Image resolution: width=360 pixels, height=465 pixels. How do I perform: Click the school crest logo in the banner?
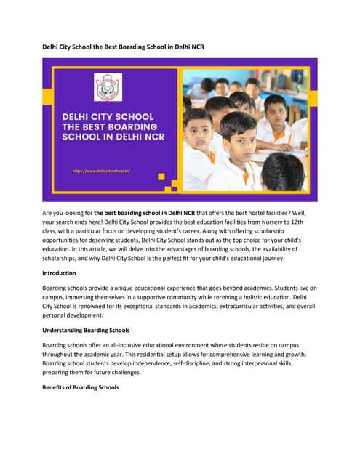point(109,86)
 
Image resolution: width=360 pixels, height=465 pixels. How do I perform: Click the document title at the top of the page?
point(124,47)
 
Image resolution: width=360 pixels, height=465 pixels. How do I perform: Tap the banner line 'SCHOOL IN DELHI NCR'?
point(114,137)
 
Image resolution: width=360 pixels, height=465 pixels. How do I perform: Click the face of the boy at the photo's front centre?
point(239,139)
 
